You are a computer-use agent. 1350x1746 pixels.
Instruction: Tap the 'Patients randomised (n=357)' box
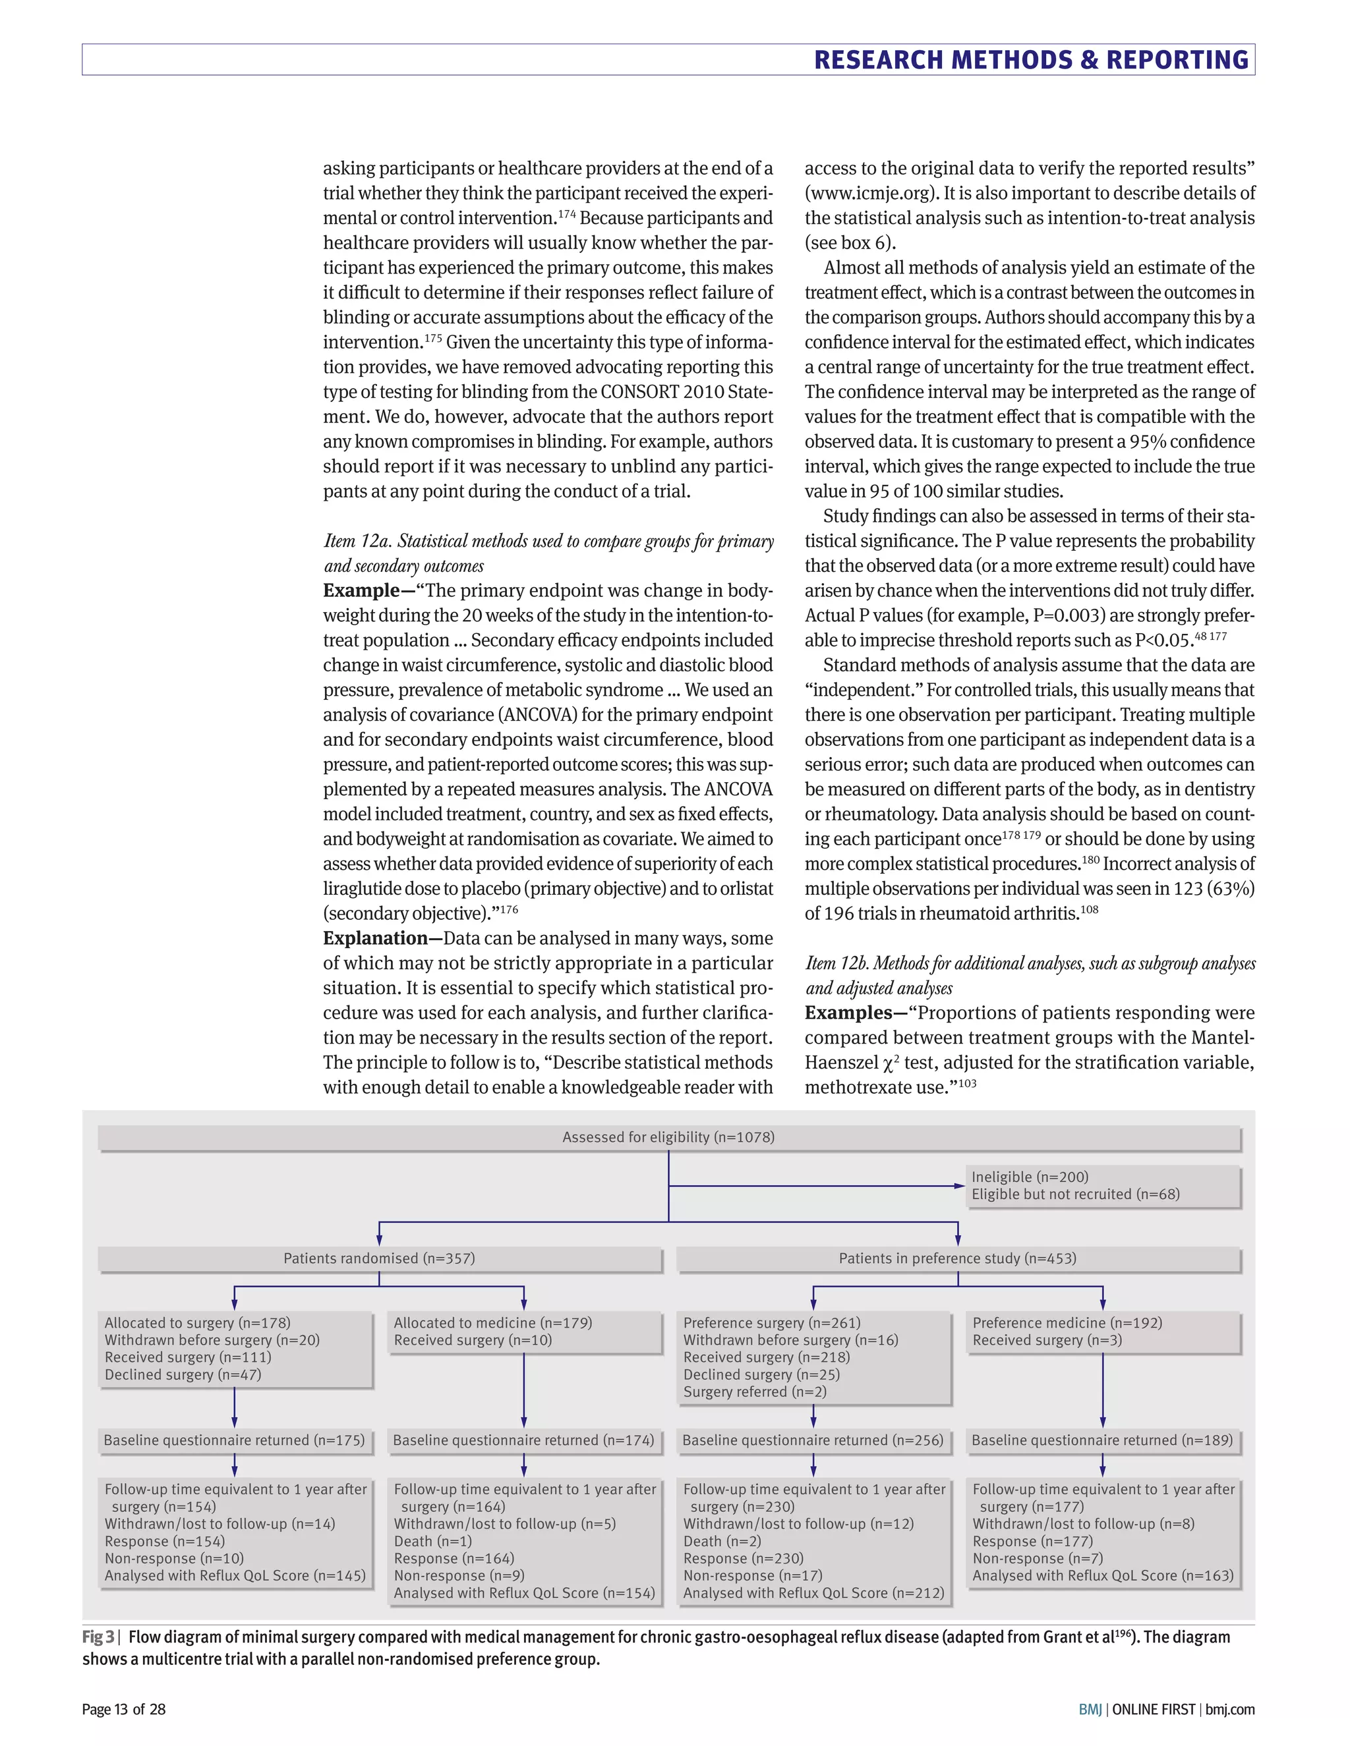(379, 1258)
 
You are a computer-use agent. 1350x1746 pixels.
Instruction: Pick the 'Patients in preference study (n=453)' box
(957, 1258)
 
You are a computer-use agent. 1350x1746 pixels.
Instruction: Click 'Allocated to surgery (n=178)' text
(198, 1323)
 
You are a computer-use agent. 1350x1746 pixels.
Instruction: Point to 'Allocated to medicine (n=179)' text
(492, 1323)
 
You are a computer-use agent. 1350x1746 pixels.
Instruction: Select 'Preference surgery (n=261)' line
(772, 1323)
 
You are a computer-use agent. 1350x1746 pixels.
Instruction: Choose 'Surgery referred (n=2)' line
(755, 1392)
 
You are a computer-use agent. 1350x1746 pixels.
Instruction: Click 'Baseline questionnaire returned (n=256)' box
(813, 1440)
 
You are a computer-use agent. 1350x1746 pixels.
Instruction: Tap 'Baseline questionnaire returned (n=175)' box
(234, 1440)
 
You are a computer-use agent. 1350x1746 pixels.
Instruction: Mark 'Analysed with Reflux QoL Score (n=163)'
(1103, 1576)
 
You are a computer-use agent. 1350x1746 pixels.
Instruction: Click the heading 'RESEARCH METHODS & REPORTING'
(1031, 60)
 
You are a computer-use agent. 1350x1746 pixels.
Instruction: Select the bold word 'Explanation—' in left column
(382, 938)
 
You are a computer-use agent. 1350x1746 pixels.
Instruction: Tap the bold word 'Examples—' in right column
(855, 1013)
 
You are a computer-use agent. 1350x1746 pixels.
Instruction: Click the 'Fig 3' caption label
(98, 1637)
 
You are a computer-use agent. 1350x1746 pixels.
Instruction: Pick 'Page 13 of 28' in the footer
(124, 1710)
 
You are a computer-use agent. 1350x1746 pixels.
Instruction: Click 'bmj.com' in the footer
(1230, 1710)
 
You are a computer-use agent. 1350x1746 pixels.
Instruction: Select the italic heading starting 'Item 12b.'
(1029, 963)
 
